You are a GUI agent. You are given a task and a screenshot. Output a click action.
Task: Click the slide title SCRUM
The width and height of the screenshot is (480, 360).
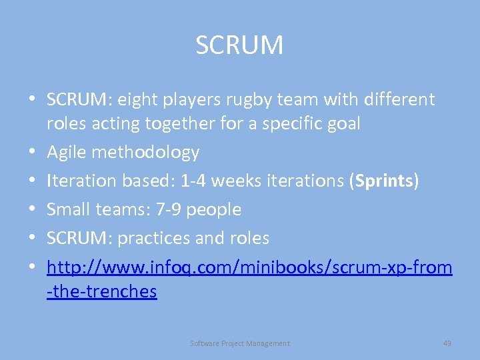coord(239,45)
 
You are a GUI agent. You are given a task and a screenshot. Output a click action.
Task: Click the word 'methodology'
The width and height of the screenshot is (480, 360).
coord(145,153)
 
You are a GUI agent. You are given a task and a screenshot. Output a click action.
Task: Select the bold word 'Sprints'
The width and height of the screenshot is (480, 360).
coord(383,181)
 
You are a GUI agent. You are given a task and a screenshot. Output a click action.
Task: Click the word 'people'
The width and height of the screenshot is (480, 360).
coord(213,210)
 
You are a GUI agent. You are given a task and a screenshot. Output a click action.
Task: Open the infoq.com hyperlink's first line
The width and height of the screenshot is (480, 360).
coord(249,267)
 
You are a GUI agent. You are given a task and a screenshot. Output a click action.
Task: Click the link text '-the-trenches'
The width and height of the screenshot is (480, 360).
coord(102,291)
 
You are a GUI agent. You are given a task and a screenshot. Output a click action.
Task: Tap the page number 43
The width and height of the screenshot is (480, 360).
coord(447,343)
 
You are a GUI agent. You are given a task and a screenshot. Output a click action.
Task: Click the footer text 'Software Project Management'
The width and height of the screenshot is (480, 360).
coord(240,343)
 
